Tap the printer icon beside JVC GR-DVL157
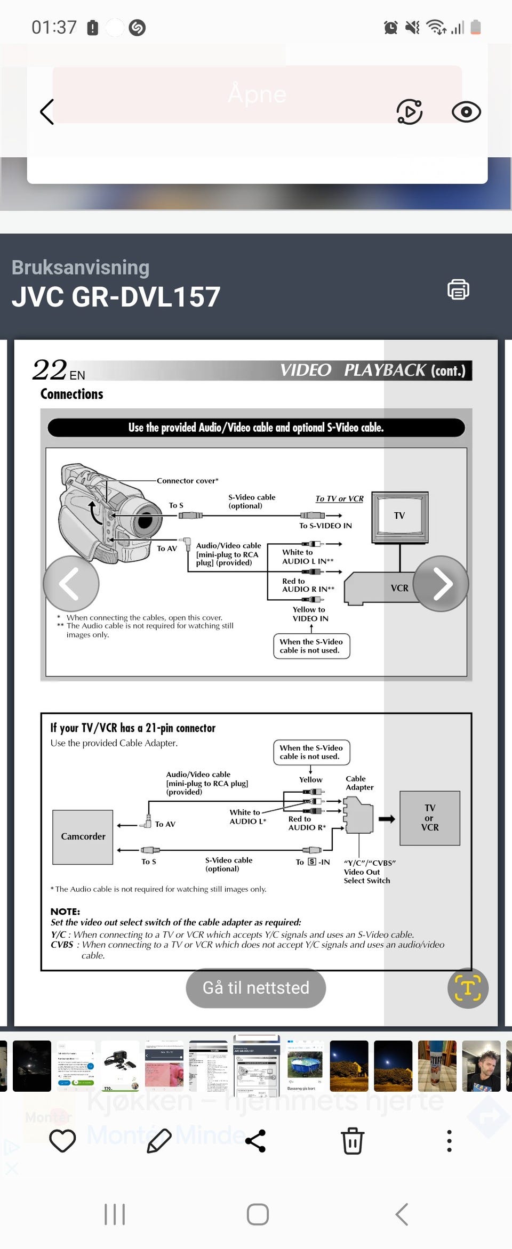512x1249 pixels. pos(458,289)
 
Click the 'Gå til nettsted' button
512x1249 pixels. pos(255,988)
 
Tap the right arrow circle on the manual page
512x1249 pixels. pos(441,583)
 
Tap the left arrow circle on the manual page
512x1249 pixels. pos(71,583)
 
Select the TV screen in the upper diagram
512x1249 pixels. pos(399,515)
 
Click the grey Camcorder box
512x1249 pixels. pos(83,836)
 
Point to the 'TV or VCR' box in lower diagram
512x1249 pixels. pos(430,818)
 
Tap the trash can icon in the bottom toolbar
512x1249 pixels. pos(353,1140)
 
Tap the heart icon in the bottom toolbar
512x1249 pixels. pos(62,1140)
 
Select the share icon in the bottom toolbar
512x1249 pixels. pos(255,1140)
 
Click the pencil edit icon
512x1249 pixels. pos(159,1140)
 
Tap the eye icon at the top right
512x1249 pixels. pos(466,112)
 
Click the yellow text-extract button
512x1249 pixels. pos(468,988)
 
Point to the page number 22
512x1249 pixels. pos(50,370)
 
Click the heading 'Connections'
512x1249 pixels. pos(72,394)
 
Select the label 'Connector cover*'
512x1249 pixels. pos(187,481)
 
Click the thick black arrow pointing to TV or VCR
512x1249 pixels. pos(387,819)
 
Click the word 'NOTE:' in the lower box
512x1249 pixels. pos(65,912)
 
